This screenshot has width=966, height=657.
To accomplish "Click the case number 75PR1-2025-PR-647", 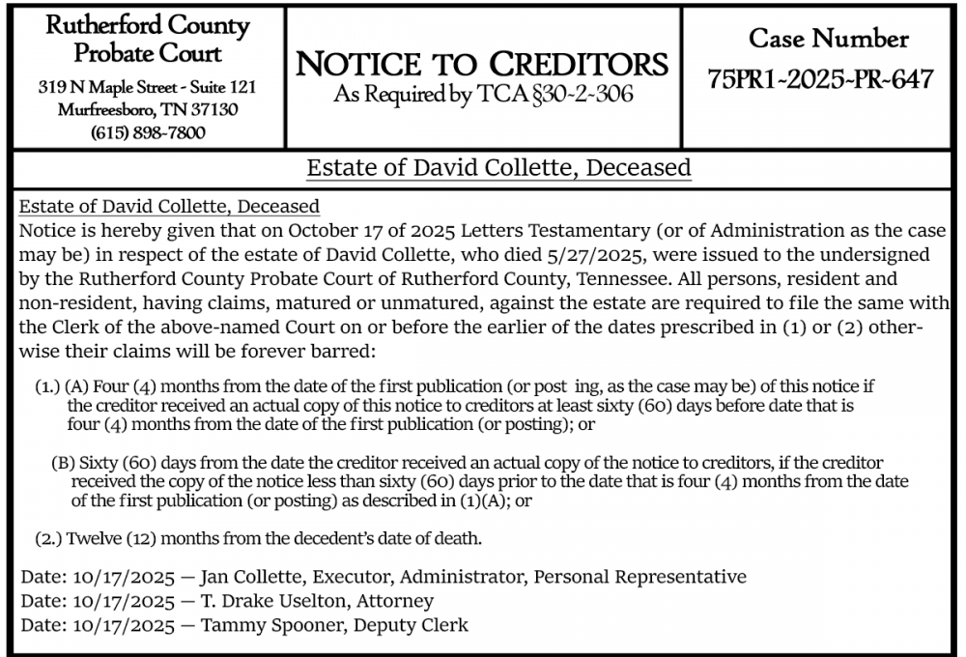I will (x=821, y=79).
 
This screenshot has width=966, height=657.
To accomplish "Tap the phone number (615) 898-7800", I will (x=147, y=132).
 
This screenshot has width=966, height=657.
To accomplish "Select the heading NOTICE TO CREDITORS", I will (x=482, y=65).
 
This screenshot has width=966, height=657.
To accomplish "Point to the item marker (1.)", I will (x=48, y=386).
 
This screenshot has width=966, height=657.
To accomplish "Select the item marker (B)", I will (x=63, y=463).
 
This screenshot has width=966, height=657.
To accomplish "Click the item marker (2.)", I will (x=48, y=537).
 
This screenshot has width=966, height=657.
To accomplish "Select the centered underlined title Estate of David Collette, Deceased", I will (x=498, y=168).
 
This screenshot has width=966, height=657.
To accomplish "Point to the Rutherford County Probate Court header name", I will (x=148, y=40).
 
